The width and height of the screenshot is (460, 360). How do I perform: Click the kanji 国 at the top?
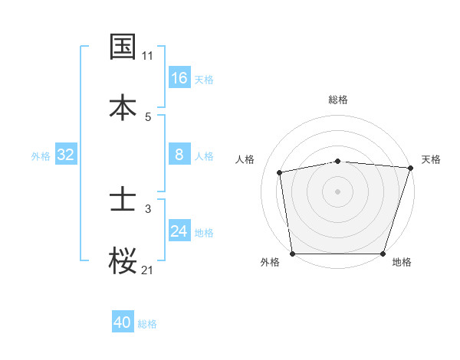(123, 47)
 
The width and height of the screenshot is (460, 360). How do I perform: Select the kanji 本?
(123, 106)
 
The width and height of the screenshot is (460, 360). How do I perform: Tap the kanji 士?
(123, 201)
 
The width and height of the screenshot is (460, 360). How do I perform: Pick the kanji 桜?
(123, 260)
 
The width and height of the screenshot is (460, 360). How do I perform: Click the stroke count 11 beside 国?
(147, 56)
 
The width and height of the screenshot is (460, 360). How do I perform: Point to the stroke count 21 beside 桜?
(147, 269)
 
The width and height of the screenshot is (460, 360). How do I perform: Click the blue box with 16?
(179, 77)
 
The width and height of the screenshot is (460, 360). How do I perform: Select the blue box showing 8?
(179, 155)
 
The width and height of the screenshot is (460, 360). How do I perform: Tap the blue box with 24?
(179, 231)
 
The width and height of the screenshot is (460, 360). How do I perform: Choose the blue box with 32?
(66, 155)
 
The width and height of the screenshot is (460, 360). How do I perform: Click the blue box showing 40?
(123, 322)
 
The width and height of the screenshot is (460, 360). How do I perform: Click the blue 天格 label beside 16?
(204, 79)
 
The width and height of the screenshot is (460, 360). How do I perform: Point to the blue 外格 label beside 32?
(41, 156)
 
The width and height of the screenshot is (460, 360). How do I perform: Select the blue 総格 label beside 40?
(147, 324)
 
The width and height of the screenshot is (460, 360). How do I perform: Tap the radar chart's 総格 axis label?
(338, 100)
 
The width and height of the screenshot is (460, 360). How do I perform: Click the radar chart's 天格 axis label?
(431, 159)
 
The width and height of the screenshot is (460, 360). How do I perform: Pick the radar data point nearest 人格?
(280, 172)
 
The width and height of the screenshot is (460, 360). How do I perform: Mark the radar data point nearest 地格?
(383, 254)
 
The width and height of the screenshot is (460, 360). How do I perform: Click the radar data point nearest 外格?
(293, 254)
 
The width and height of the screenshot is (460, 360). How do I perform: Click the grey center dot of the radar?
(338, 191)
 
